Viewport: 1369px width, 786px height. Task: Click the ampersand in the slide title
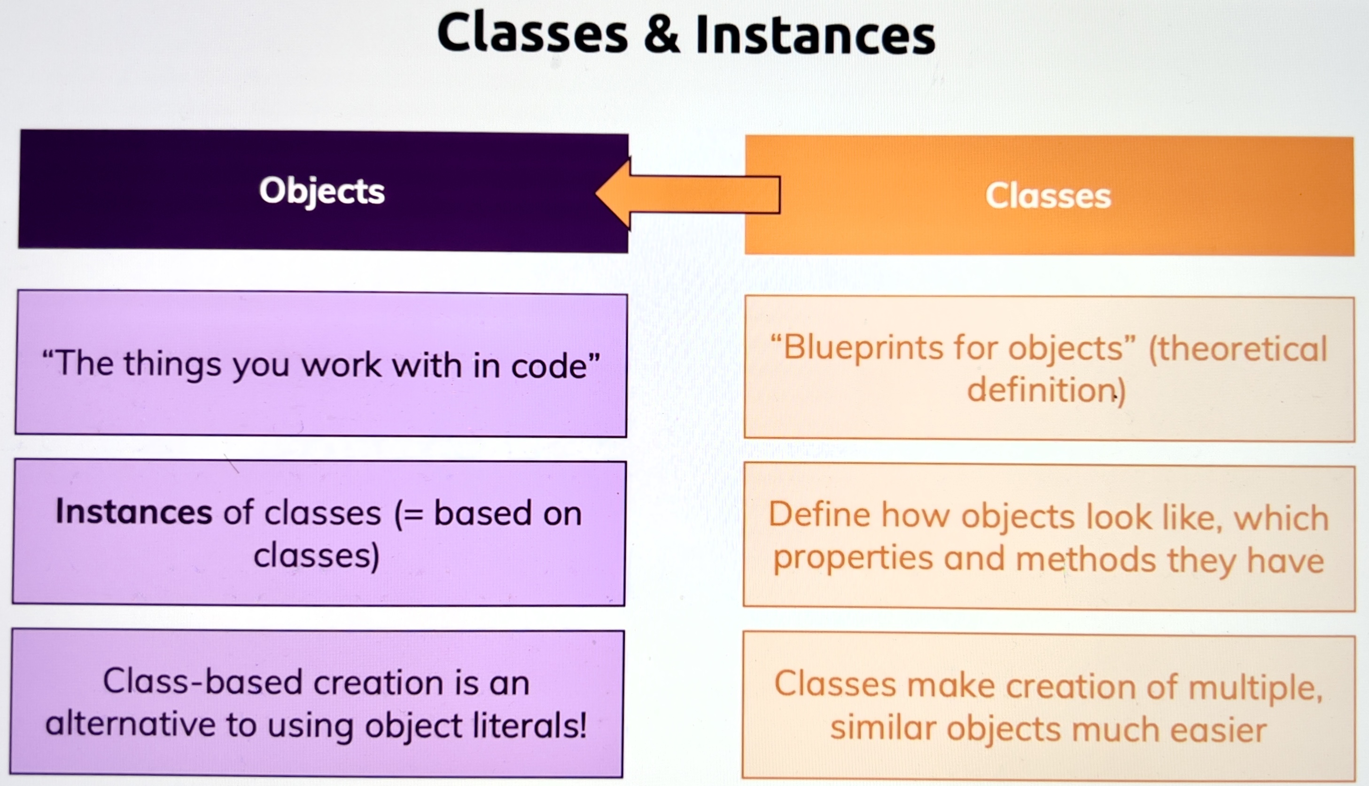662,34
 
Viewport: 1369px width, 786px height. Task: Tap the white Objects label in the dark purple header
322,191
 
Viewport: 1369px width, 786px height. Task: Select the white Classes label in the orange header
1048,195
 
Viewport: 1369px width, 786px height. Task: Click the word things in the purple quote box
173,364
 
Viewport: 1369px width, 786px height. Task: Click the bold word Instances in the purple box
134,512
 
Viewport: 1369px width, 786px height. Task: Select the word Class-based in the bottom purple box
202,682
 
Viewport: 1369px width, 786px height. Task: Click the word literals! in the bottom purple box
529,725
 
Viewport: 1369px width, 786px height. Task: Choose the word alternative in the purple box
131,724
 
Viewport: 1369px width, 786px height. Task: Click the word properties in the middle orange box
853,559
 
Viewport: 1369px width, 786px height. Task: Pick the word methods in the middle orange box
1086,560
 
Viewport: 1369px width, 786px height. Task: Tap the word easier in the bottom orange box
1214,730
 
